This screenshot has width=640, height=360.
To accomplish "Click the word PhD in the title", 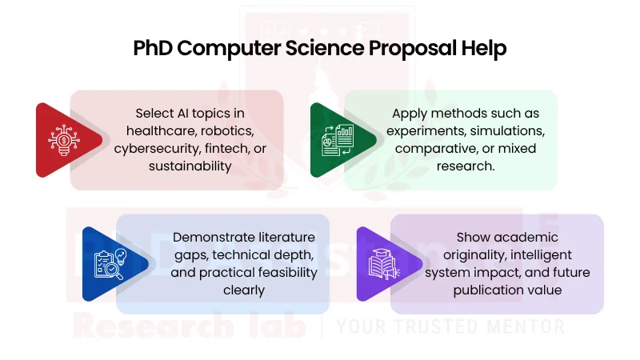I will point(153,48).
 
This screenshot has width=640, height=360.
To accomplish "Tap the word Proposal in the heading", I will point(411,48).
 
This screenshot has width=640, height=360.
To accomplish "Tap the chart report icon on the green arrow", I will point(337,140).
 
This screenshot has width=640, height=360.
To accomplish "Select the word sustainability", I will point(190,166).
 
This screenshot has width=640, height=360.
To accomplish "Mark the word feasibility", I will point(277,272).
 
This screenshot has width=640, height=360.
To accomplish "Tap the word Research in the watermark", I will point(135,326).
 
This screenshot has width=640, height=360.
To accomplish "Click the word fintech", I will point(236,148).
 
